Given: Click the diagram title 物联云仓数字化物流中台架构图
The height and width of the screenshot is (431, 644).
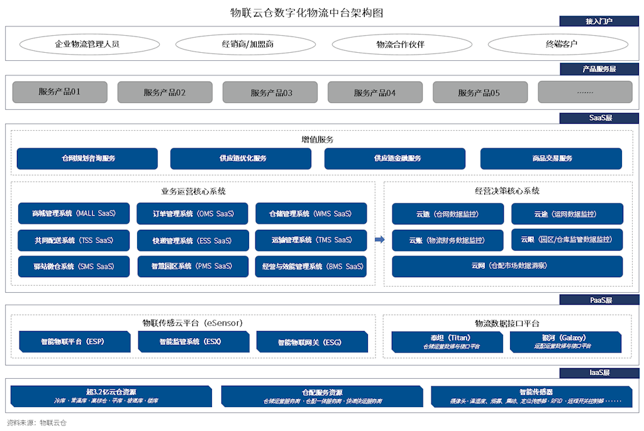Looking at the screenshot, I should tap(306, 13).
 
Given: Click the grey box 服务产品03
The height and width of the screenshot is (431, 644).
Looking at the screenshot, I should tap(271, 92).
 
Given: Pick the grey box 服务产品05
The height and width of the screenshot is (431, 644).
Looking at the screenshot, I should tap(479, 92).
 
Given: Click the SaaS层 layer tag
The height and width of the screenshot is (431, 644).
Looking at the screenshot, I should tap(600, 117).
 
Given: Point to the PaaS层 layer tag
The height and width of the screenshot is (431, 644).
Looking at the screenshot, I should tap(600, 300).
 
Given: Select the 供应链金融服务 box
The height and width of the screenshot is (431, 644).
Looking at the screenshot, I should tap(395, 158).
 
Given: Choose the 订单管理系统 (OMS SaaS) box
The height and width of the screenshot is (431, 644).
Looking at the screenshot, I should tap(192, 214).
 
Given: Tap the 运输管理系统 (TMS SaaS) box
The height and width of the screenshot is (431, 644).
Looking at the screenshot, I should tap(311, 240).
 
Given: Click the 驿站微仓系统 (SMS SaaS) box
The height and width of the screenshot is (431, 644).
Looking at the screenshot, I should tap(74, 266).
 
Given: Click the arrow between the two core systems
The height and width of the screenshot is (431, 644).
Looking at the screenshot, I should tap(379, 239).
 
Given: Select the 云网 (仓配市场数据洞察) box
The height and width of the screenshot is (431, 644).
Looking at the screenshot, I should tap(508, 266).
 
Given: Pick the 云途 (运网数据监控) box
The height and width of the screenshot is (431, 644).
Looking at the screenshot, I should tap(567, 214).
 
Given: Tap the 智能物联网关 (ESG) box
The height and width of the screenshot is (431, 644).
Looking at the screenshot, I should tap(312, 342).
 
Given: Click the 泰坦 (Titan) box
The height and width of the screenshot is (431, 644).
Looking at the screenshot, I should tap(447, 341).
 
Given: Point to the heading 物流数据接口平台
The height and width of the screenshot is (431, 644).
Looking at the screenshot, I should tap(507, 323).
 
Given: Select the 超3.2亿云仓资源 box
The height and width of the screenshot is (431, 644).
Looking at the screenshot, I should tap(111, 395).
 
